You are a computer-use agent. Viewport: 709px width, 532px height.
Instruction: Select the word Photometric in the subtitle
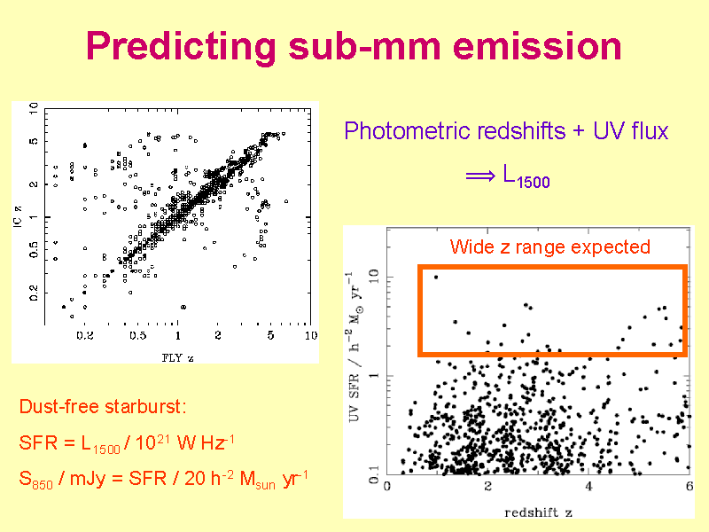(x=407, y=132)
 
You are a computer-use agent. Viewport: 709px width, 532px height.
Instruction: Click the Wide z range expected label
(x=549, y=246)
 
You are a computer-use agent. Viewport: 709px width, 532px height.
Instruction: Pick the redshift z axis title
(x=538, y=512)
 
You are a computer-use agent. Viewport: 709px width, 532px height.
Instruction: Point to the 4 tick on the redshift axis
(x=588, y=488)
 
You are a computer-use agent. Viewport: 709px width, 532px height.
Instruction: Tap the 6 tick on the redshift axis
(x=689, y=488)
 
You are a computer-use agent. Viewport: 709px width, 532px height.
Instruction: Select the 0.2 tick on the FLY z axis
(x=85, y=336)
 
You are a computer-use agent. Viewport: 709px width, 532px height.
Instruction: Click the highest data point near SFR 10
(x=436, y=277)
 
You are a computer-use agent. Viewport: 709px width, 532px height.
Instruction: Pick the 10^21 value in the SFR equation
(x=156, y=442)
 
